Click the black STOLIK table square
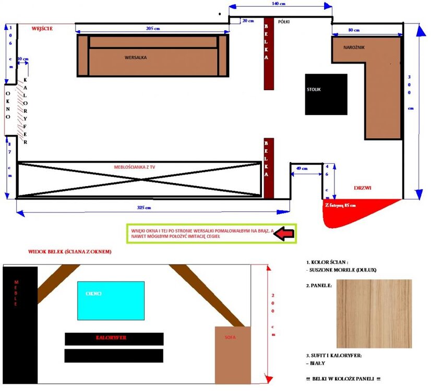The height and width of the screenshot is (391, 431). pyautogui.click(x=326, y=94)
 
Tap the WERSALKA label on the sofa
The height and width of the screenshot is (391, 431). pyautogui.click(x=135, y=57)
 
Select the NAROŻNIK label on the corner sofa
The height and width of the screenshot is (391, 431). pyautogui.click(x=354, y=47)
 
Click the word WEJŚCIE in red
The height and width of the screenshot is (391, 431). pyautogui.click(x=42, y=29)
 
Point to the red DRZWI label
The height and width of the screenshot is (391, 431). pyautogui.click(x=362, y=188)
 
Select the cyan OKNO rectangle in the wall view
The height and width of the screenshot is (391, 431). pyautogui.click(x=111, y=300)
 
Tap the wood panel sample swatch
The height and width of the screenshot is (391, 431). pyautogui.click(x=374, y=313)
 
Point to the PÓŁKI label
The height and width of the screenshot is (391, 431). pyautogui.click(x=284, y=22)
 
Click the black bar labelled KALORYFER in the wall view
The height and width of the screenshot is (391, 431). pyautogui.click(x=114, y=338)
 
